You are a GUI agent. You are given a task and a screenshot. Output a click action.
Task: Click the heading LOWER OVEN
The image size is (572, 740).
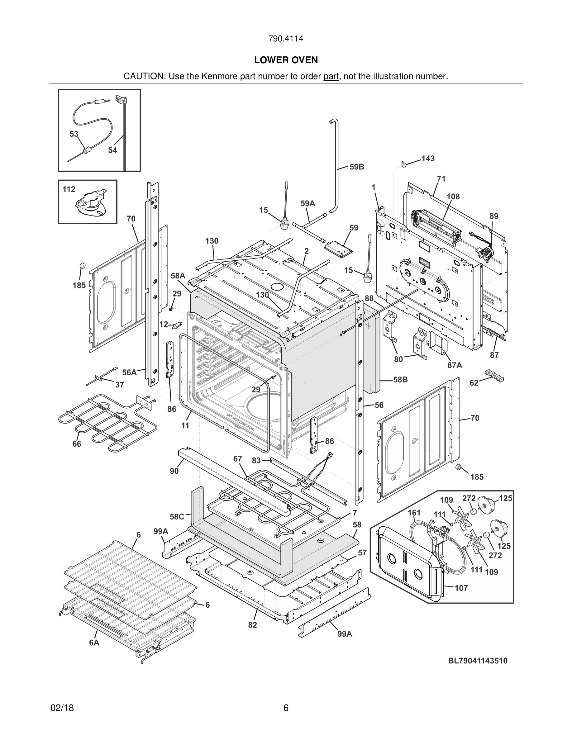(x=286, y=60)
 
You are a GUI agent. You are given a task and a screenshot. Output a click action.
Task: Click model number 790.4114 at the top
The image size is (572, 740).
(x=286, y=39)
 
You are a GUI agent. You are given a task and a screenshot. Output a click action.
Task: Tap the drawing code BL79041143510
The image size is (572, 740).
(x=478, y=660)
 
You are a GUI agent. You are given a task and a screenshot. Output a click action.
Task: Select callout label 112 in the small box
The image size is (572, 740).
(x=69, y=189)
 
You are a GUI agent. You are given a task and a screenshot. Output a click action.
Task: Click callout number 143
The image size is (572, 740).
(x=428, y=159)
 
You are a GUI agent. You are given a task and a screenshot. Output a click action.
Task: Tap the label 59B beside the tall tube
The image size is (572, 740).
(x=357, y=167)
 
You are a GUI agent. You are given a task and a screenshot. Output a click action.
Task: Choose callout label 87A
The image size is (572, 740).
(x=455, y=365)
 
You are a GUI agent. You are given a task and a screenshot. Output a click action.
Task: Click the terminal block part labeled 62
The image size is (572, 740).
(x=494, y=375)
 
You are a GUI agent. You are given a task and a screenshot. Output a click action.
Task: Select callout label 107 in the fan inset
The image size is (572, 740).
(x=461, y=588)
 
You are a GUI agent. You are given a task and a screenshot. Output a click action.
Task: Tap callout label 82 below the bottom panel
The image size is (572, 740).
(x=252, y=625)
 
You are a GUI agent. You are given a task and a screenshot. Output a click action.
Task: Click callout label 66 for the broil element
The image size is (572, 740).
(x=77, y=444)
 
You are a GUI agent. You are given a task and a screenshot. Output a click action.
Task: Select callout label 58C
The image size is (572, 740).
(x=177, y=517)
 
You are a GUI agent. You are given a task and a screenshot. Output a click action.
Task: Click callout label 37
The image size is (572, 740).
(x=119, y=385)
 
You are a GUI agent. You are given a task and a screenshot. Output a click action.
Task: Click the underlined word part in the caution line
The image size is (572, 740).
(x=331, y=76)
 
